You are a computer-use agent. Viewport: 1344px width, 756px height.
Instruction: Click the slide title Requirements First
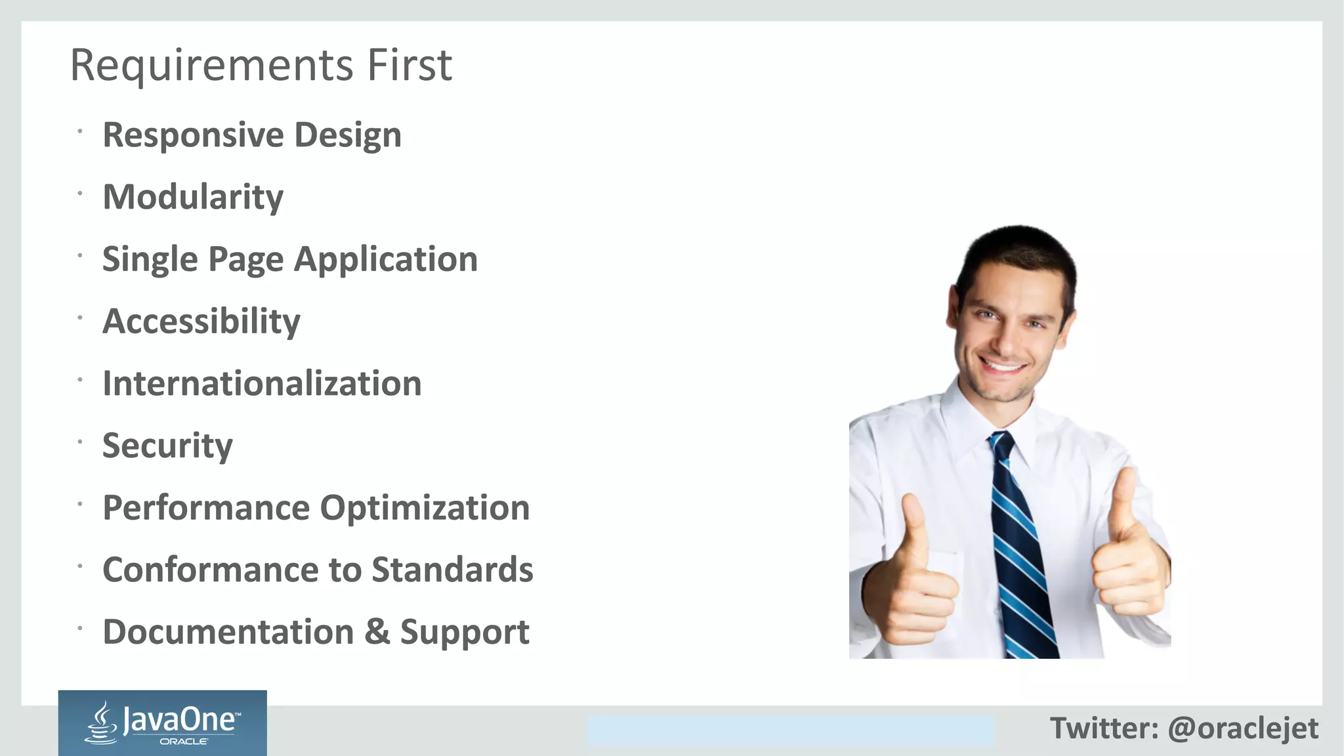261,65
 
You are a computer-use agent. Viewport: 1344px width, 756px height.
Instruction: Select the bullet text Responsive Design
252,135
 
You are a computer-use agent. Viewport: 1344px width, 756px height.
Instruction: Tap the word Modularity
193,197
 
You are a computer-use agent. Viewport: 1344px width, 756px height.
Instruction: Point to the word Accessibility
201,322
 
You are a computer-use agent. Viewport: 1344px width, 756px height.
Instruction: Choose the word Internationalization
262,383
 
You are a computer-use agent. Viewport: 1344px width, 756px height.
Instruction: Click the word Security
167,446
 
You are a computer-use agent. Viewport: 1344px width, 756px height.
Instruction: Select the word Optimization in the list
425,508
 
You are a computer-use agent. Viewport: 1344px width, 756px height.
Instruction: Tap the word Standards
452,570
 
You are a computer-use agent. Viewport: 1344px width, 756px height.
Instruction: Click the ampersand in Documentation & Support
377,631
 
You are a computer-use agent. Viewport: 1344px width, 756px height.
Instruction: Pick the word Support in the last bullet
464,632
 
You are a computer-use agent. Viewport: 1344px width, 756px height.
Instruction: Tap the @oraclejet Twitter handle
1243,728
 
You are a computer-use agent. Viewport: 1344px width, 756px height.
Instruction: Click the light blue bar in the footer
790,731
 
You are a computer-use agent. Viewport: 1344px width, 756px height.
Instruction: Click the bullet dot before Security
79,442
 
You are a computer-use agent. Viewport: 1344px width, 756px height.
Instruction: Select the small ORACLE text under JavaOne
184,742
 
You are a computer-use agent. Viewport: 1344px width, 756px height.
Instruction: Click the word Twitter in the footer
1104,728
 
